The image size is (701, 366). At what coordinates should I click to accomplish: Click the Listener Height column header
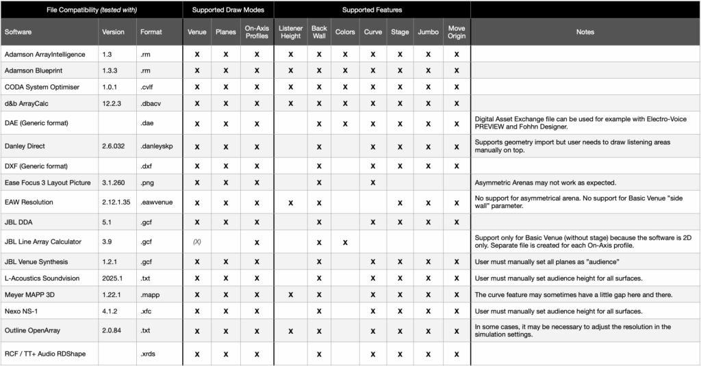pyautogui.click(x=290, y=32)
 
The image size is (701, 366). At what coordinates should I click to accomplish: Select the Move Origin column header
pyautogui.click(x=456, y=32)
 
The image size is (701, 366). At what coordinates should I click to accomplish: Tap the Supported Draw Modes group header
pyautogui.click(x=228, y=10)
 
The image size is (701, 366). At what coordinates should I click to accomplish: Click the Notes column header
pyautogui.click(x=585, y=32)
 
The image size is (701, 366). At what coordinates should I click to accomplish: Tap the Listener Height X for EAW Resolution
pyautogui.click(x=290, y=202)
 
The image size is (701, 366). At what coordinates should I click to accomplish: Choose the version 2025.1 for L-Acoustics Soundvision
pyautogui.click(x=114, y=278)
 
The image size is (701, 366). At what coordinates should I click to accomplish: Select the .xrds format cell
pyautogui.click(x=149, y=354)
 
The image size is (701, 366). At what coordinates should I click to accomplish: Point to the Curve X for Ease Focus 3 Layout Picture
pyautogui.click(x=373, y=183)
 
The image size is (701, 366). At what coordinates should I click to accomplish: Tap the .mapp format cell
pyautogui.click(x=150, y=294)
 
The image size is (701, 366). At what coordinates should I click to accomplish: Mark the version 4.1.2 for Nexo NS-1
pyautogui.click(x=110, y=311)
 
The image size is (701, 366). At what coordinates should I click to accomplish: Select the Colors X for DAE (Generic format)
pyautogui.click(x=345, y=124)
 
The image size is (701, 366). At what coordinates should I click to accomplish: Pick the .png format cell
pyautogui.click(x=147, y=183)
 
